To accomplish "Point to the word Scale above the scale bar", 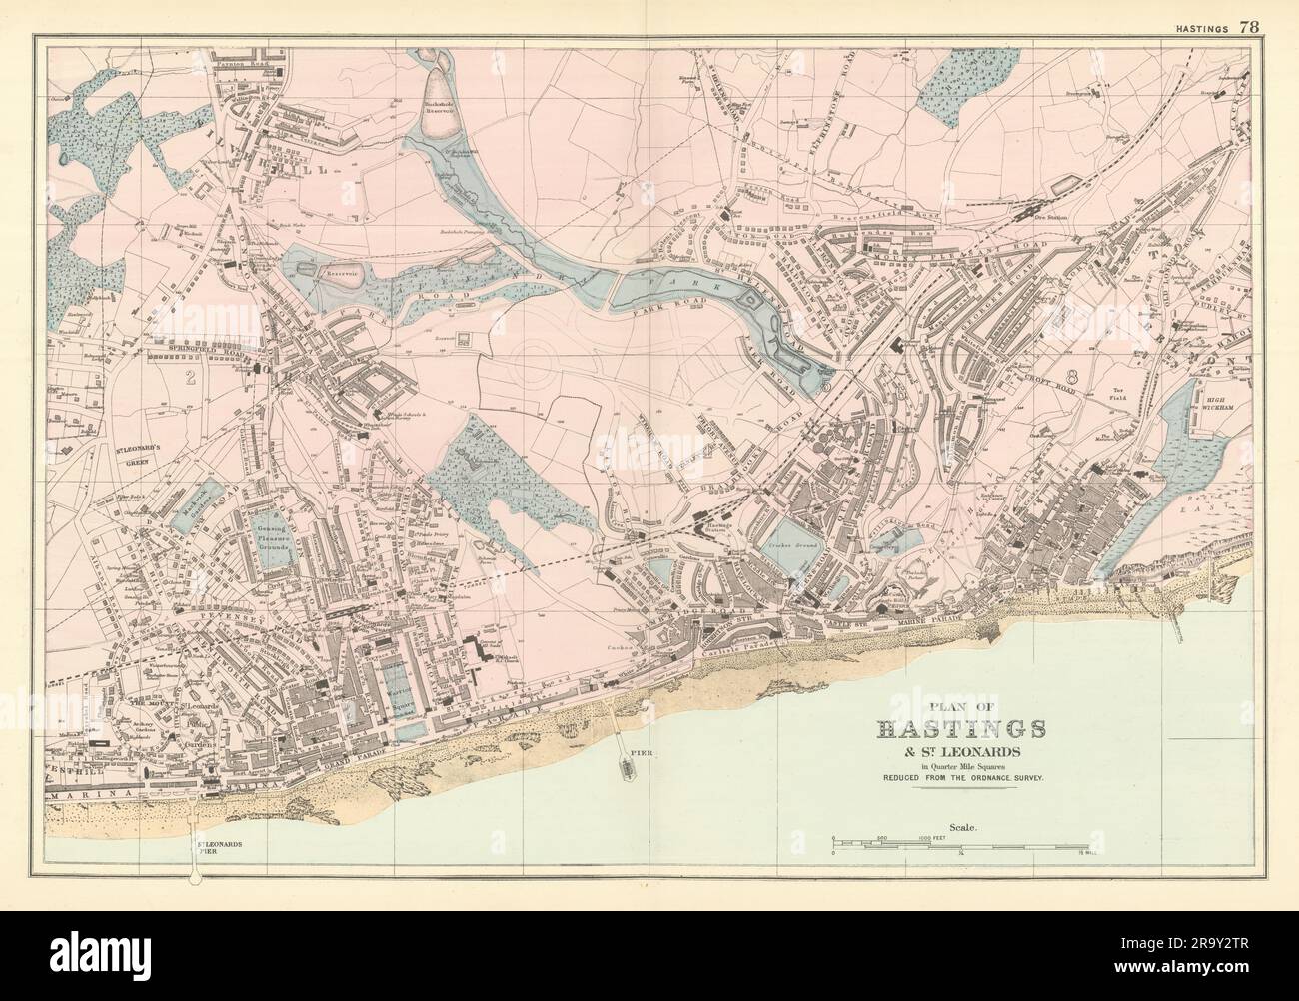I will (x=966, y=827).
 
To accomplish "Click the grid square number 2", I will (x=188, y=378).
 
